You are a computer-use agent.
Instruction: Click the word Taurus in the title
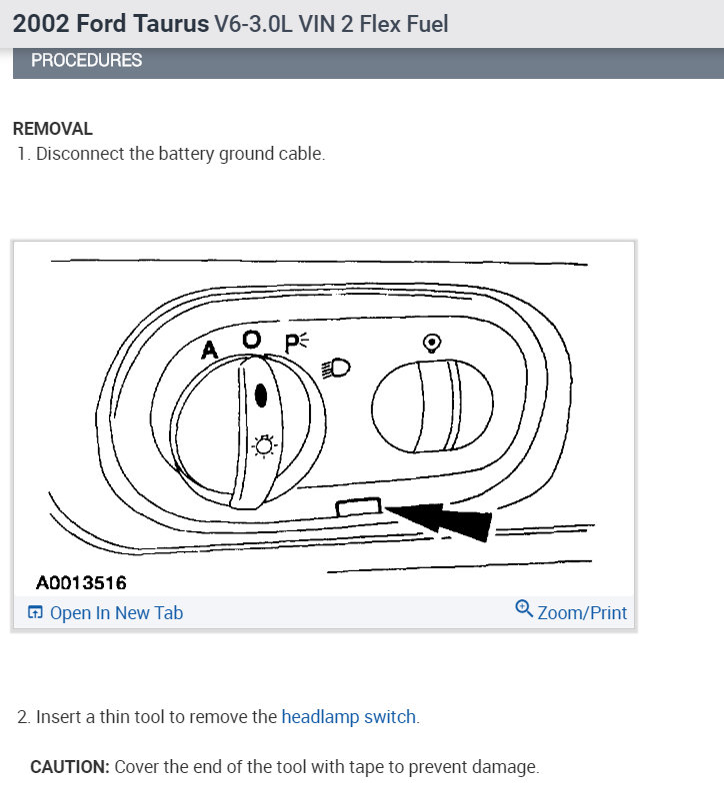(x=171, y=24)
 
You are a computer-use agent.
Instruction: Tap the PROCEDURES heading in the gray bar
(x=86, y=61)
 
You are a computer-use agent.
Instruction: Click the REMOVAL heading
(x=52, y=129)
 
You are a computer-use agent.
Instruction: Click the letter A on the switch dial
(x=209, y=350)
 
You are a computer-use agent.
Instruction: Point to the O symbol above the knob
(x=252, y=340)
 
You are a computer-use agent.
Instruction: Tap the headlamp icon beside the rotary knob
(x=336, y=368)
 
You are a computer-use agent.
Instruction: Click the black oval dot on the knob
(x=261, y=396)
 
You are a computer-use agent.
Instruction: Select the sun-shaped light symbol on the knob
(x=264, y=445)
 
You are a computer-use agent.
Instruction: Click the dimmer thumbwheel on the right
(x=432, y=406)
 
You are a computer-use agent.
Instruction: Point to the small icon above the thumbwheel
(x=432, y=343)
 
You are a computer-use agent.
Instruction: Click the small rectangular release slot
(x=358, y=506)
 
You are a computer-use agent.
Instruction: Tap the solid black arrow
(x=440, y=520)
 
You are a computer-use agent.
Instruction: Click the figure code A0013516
(x=81, y=582)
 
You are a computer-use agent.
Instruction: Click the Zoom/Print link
(x=582, y=612)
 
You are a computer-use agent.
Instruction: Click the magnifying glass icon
(x=524, y=608)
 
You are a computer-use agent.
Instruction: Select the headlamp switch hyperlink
(x=349, y=717)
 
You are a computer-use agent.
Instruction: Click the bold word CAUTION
(x=70, y=767)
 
